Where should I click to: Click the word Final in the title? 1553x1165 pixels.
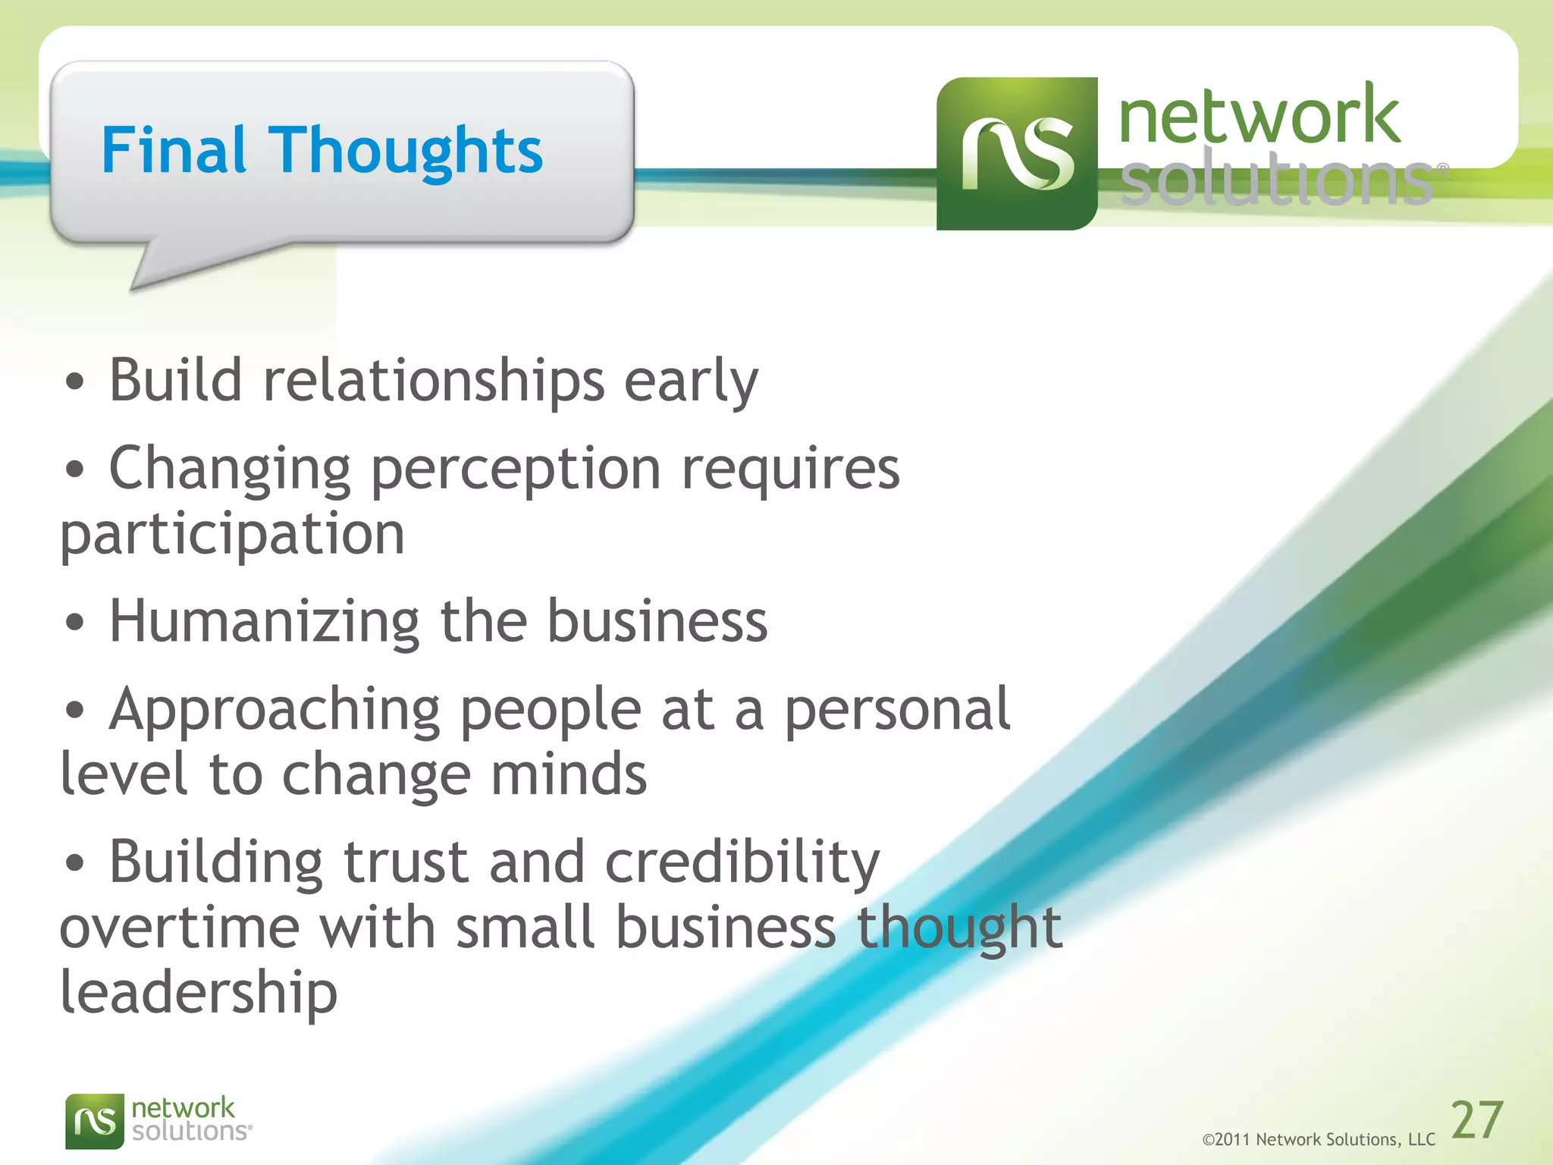pos(174,150)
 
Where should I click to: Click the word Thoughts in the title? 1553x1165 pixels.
pos(406,152)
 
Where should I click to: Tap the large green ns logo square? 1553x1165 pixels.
pos(1016,154)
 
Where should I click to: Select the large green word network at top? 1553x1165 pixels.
pos(1259,115)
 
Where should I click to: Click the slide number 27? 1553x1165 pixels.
pos(1476,1120)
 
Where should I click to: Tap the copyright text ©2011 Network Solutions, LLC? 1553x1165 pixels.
pos(1318,1139)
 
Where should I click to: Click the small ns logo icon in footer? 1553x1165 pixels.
pos(94,1121)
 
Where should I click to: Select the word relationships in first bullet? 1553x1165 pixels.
pos(434,380)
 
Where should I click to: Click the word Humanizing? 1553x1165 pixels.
pos(264,622)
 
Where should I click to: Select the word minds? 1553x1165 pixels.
pos(569,774)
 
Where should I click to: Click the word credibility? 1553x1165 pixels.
pos(742,863)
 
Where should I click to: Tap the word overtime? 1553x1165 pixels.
pos(180,928)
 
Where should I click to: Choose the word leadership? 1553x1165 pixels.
pos(199,994)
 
